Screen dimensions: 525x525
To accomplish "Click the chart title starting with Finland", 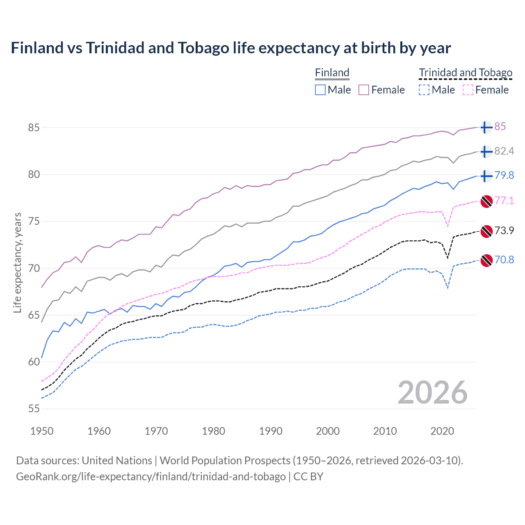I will coord(231,48).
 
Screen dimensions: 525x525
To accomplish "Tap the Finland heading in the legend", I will coord(332,73).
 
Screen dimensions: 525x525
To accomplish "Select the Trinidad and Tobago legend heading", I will coord(466,73).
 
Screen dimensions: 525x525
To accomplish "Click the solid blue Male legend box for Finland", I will coord(320,90).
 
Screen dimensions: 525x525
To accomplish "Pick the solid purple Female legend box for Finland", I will coord(364,90).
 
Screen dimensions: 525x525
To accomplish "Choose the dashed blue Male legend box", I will coord(424,90).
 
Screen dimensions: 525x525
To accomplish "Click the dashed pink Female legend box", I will coord(468,90).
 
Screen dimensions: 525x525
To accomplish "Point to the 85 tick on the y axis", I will coord(34,128).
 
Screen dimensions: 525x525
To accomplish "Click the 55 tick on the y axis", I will coord(34,409).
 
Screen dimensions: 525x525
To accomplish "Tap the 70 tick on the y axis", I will coord(34,268).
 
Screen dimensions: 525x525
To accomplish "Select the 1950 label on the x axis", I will coord(42,431).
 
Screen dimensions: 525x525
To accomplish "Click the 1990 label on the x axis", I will coord(271,431).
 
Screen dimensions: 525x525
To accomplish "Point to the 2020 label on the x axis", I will coord(442,431).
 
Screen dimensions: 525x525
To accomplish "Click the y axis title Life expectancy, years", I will coord(18,262).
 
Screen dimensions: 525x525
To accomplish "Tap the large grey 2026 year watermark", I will coord(432,393).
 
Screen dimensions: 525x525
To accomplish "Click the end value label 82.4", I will coord(504,151).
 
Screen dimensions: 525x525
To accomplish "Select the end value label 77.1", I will coord(504,201).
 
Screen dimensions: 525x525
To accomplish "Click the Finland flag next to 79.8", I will coord(486,176).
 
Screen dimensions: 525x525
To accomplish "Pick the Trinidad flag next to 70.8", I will coord(486,260).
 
